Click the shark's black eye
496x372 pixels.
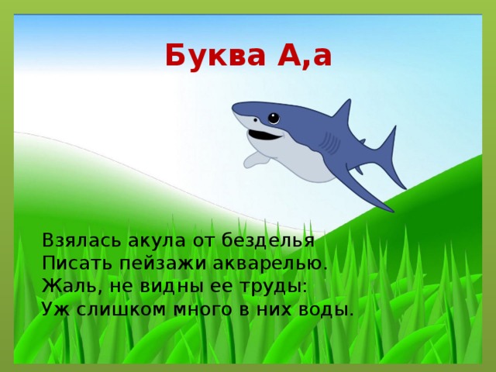click(274, 119)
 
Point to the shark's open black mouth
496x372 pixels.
click(264, 135)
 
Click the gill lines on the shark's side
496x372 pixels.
click(329, 144)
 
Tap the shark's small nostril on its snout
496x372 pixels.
click(255, 119)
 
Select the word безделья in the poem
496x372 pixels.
click(267, 241)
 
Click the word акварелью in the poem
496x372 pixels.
click(270, 264)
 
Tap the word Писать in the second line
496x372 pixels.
click(77, 263)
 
